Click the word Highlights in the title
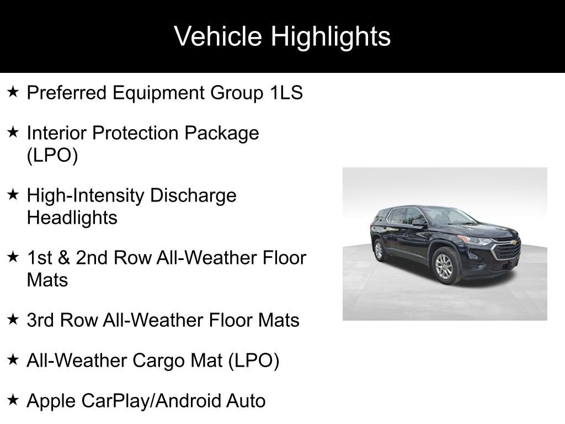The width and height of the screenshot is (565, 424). coord(331,36)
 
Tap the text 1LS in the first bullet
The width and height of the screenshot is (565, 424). coord(286,93)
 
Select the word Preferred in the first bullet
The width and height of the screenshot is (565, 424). coord(66,93)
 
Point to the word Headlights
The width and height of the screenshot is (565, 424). coord(72,218)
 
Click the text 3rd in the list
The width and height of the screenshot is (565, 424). coord(41,320)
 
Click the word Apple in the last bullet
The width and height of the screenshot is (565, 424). coord(51,401)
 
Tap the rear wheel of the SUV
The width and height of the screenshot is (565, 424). coord(379,250)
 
